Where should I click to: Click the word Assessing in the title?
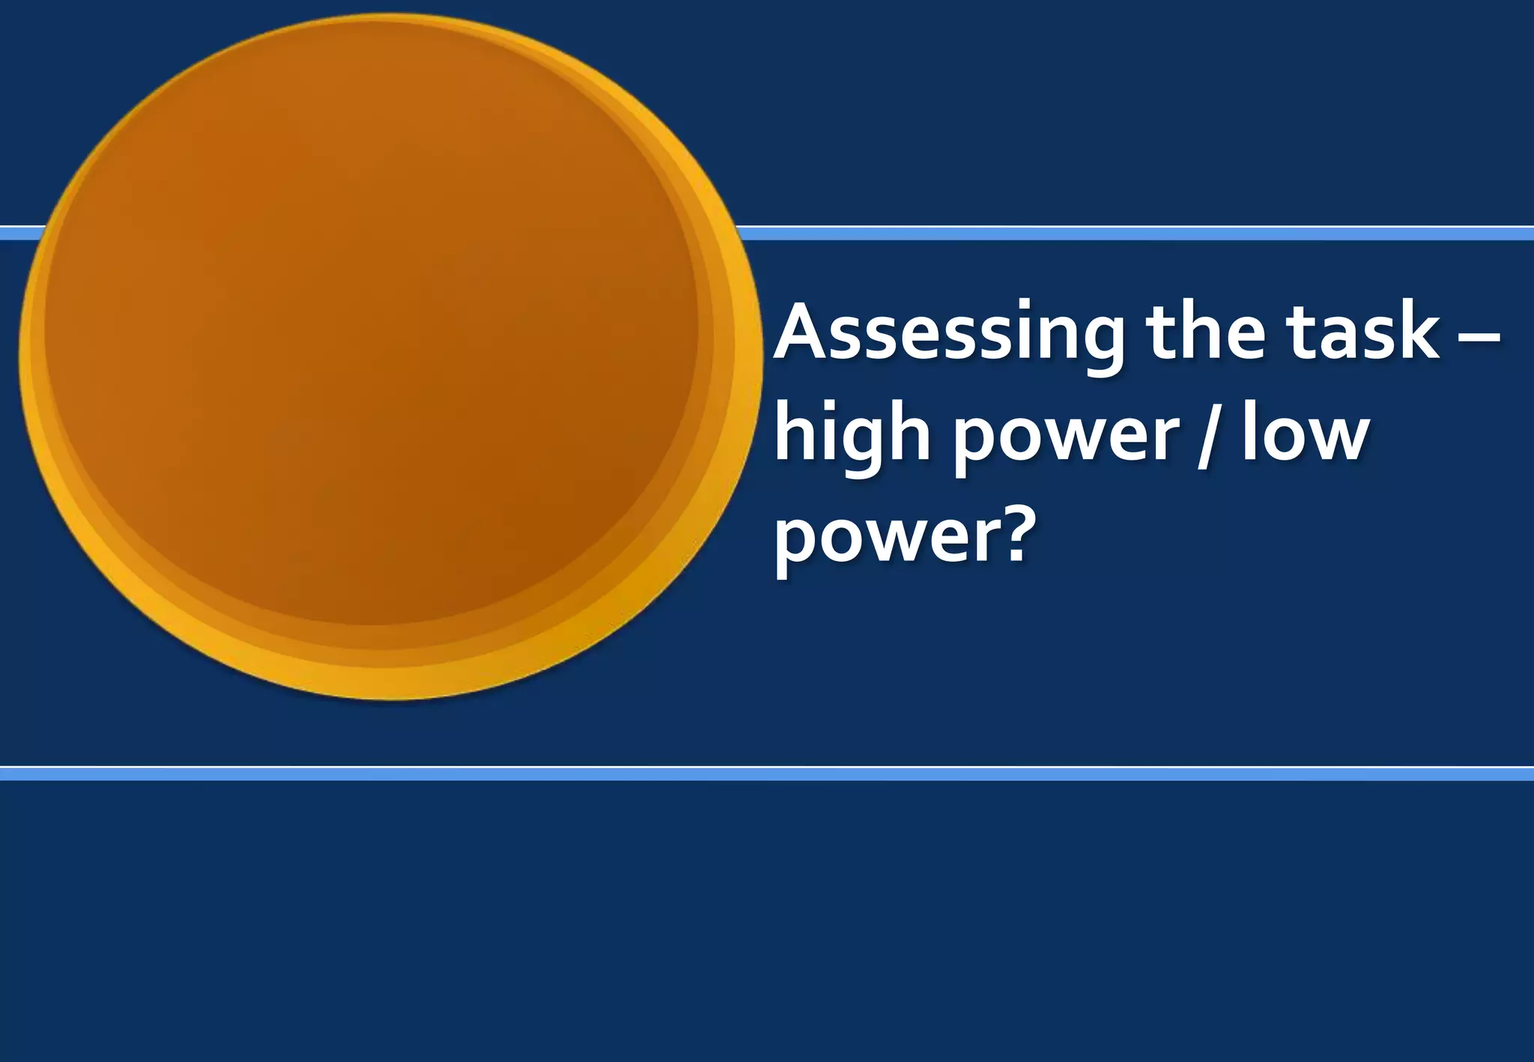(948, 333)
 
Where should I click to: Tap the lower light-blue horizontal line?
(767, 774)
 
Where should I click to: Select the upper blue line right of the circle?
(1124, 233)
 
